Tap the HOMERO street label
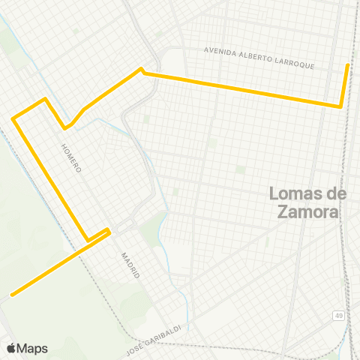click(70, 158)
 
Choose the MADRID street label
click(130, 265)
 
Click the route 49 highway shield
click(340, 316)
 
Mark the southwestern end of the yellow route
click(11, 294)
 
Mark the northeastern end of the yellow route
click(347, 65)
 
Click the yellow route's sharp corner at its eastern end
click(340, 106)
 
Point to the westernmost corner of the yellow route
click(13, 118)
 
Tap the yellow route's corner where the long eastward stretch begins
click(140, 70)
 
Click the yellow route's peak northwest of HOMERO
click(46, 99)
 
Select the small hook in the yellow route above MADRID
click(109, 230)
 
